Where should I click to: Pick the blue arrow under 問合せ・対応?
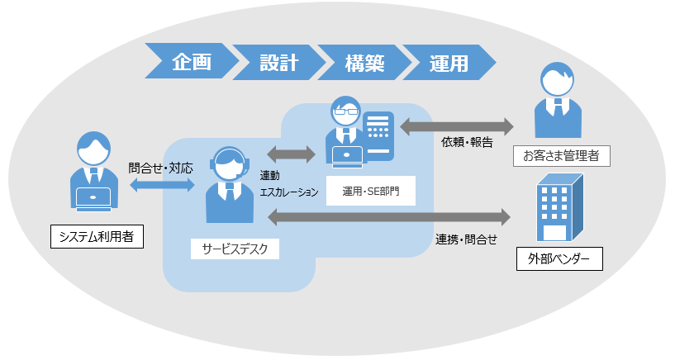click(x=162, y=185)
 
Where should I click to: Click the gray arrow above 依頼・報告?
click(x=457, y=126)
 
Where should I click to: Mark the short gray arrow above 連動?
click(x=292, y=154)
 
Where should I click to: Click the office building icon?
click(x=558, y=207)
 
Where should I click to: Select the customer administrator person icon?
click(x=559, y=102)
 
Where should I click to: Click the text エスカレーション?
click(x=289, y=192)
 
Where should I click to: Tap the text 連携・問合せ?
click(x=467, y=239)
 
